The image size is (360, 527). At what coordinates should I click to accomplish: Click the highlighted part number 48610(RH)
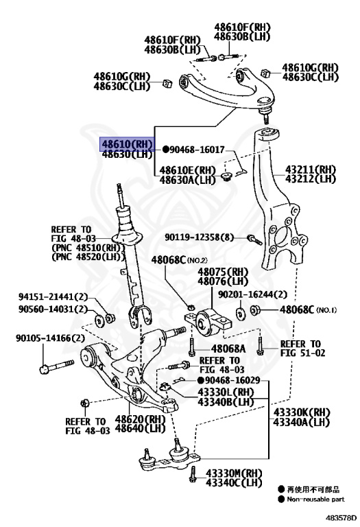(x=127, y=144)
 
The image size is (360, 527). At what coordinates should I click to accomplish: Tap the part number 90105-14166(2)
(x=51, y=338)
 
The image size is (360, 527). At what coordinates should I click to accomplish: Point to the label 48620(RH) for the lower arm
(x=141, y=419)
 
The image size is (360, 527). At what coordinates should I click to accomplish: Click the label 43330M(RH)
(x=235, y=473)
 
